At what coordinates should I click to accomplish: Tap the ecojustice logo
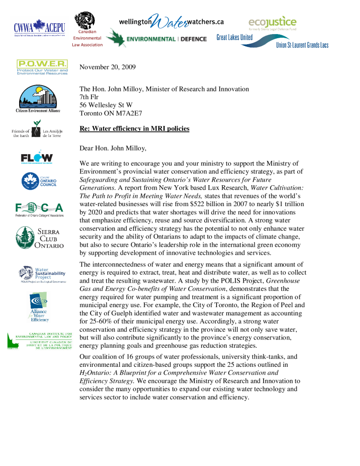272,22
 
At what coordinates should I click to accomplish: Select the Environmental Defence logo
157,39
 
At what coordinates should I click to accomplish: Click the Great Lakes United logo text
234,37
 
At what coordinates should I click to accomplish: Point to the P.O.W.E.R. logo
42,66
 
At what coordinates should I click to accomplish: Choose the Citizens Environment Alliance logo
39,99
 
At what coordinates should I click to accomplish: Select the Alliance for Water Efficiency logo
39,307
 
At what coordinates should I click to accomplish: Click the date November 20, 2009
107,67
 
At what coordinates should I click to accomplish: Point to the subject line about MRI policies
134,128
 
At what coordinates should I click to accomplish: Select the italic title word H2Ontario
95,372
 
